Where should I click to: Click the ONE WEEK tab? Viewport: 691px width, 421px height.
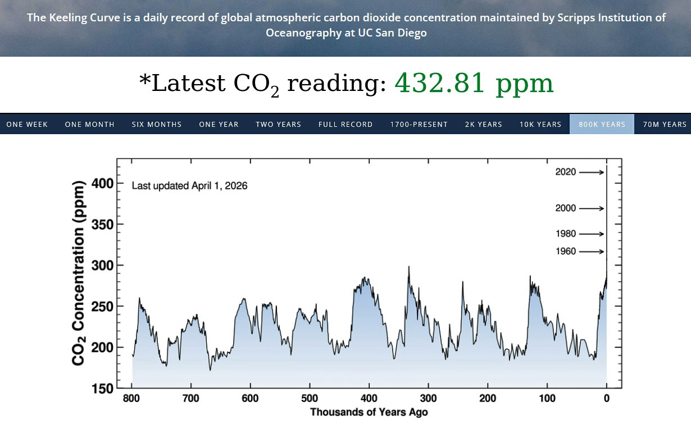[27, 124]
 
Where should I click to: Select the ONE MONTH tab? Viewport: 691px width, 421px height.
[90, 124]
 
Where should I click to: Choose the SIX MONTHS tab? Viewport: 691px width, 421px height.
[157, 124]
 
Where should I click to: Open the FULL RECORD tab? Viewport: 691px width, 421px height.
[345, 124]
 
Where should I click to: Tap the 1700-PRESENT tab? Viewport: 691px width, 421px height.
[419, 124]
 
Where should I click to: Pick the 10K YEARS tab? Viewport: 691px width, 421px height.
[540, 124]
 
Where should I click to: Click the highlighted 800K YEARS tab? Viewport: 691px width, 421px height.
[602, 124]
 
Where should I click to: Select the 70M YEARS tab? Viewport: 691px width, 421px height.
[665, 124]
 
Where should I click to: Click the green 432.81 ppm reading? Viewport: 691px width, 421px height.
[474, 84]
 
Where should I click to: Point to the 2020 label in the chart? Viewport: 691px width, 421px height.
[566, 172]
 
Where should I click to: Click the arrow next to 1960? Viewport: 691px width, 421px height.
[591, 251]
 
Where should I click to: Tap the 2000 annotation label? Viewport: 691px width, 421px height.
[566, 208]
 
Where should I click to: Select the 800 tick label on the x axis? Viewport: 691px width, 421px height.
[132, 399]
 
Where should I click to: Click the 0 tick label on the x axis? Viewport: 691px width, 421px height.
[607, 399]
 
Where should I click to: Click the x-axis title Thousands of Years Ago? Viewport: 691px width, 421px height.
[369, 412]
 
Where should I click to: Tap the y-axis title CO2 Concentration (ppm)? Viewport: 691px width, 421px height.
[79, 273]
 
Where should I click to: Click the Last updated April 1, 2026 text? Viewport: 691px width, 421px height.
[189, 186]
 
